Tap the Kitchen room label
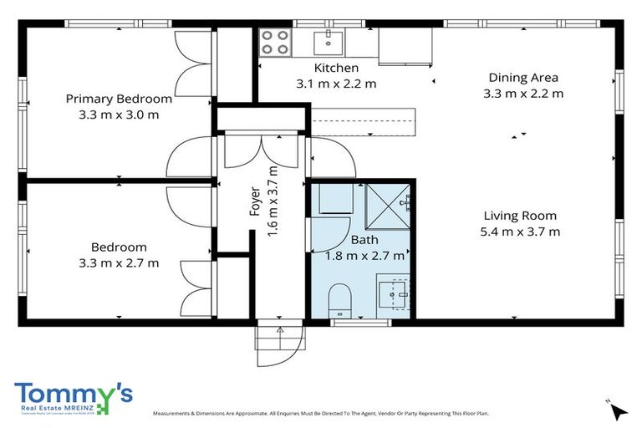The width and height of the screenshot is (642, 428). pyautogui.click(x=336, y=68)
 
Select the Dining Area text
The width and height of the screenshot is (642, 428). pyautogui.click(x=523, y=78)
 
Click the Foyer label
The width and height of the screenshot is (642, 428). pyautogui.click(x=256, y=201)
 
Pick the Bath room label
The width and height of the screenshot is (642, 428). pyautogui.click(x=364, y=241)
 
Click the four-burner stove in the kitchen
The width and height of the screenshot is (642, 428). pyautogui.click(x=274, y=42)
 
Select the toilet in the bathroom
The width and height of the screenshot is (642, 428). pyautogui.click(x=340, y=299)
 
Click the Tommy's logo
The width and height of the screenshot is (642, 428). pyautogui.click(x=74, y=396)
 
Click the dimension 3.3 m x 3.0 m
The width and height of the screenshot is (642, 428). pyautogui.click(x=113, y=115)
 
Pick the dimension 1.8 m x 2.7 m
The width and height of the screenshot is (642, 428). pyautogui.click(x=364, y=256)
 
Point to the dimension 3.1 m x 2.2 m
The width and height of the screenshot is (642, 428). pyautogui.click(x=336, y=83)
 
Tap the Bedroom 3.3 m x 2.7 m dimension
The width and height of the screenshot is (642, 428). pyautogui.click(x=119, y=262)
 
